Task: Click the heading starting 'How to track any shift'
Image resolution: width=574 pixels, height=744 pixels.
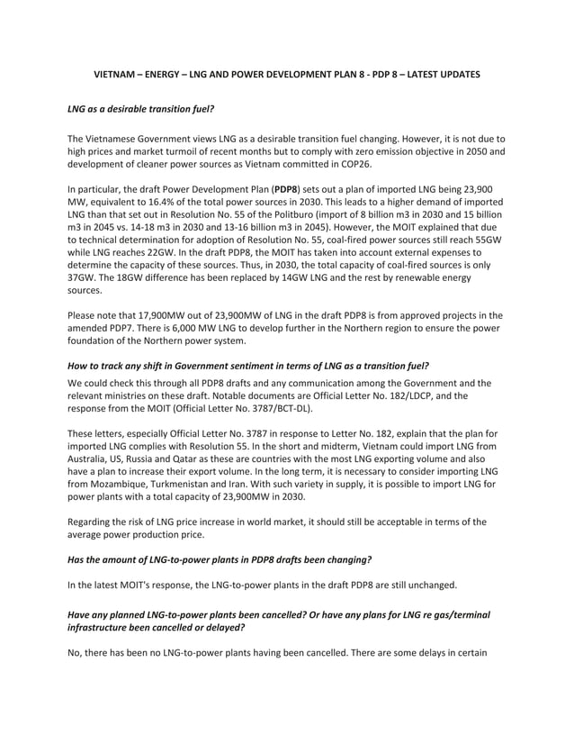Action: [x=248, y=365]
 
